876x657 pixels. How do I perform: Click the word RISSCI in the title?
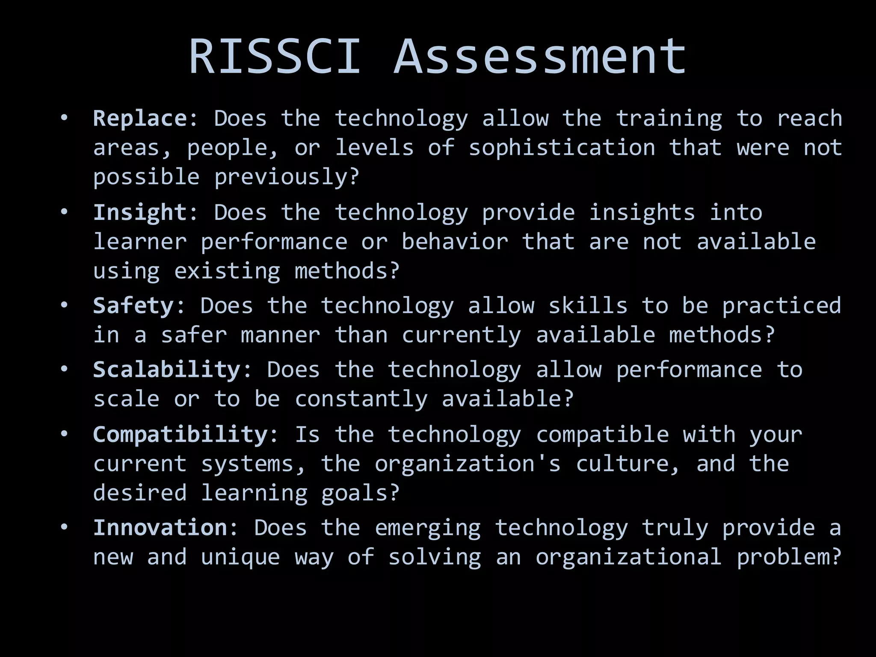pyautogui.click(x=275, y=57)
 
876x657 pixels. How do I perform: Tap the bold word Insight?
pyautogui.click(x=140, y=212)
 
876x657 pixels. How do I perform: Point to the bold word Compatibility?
pyautogui.click(x=180, y=435)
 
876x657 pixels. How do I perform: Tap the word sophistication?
pyautogui.click(x=562, y=148)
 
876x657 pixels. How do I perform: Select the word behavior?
pyautogui.click(x=455, y=242)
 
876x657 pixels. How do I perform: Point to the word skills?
pyautogui.click(x=588, y=306)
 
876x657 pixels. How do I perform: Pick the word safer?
pyautogui.click(x=194, y=335)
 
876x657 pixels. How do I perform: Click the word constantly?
pyautogui.click(x=361, y=399)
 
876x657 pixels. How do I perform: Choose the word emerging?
pyautogui.click(x=428, y=528)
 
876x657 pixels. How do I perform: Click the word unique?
pyautogui.click(x=240, y=557)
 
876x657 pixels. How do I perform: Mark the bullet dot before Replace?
pyautogui.click(x=64, y=118)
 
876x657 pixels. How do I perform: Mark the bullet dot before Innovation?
pyautogui.click(x=64, y=527)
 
